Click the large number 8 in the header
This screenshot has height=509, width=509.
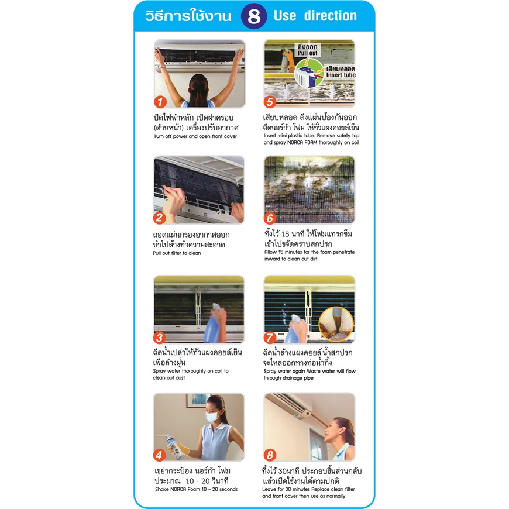tap(254, 16)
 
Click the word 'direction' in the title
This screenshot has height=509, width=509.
tap(331, 16)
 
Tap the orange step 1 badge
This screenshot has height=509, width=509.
tap(160, 102)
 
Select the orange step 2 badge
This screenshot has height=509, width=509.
tap(159, 218)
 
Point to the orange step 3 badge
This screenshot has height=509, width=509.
tap(159, 338)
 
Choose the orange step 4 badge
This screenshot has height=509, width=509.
tap(159, 455)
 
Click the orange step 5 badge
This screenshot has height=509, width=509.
tap(270, 102)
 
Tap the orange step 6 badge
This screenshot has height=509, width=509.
tap(270, 218)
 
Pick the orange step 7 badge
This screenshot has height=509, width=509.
tap(270, 338)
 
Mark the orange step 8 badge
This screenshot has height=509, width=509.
tap(270, 455)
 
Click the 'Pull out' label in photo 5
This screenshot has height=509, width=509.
tap(307, 53)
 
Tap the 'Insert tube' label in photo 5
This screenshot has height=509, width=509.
tap(341, 75)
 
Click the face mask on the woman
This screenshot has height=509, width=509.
tap(212, 417)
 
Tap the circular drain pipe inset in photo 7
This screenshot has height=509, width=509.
tap(336, 324)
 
